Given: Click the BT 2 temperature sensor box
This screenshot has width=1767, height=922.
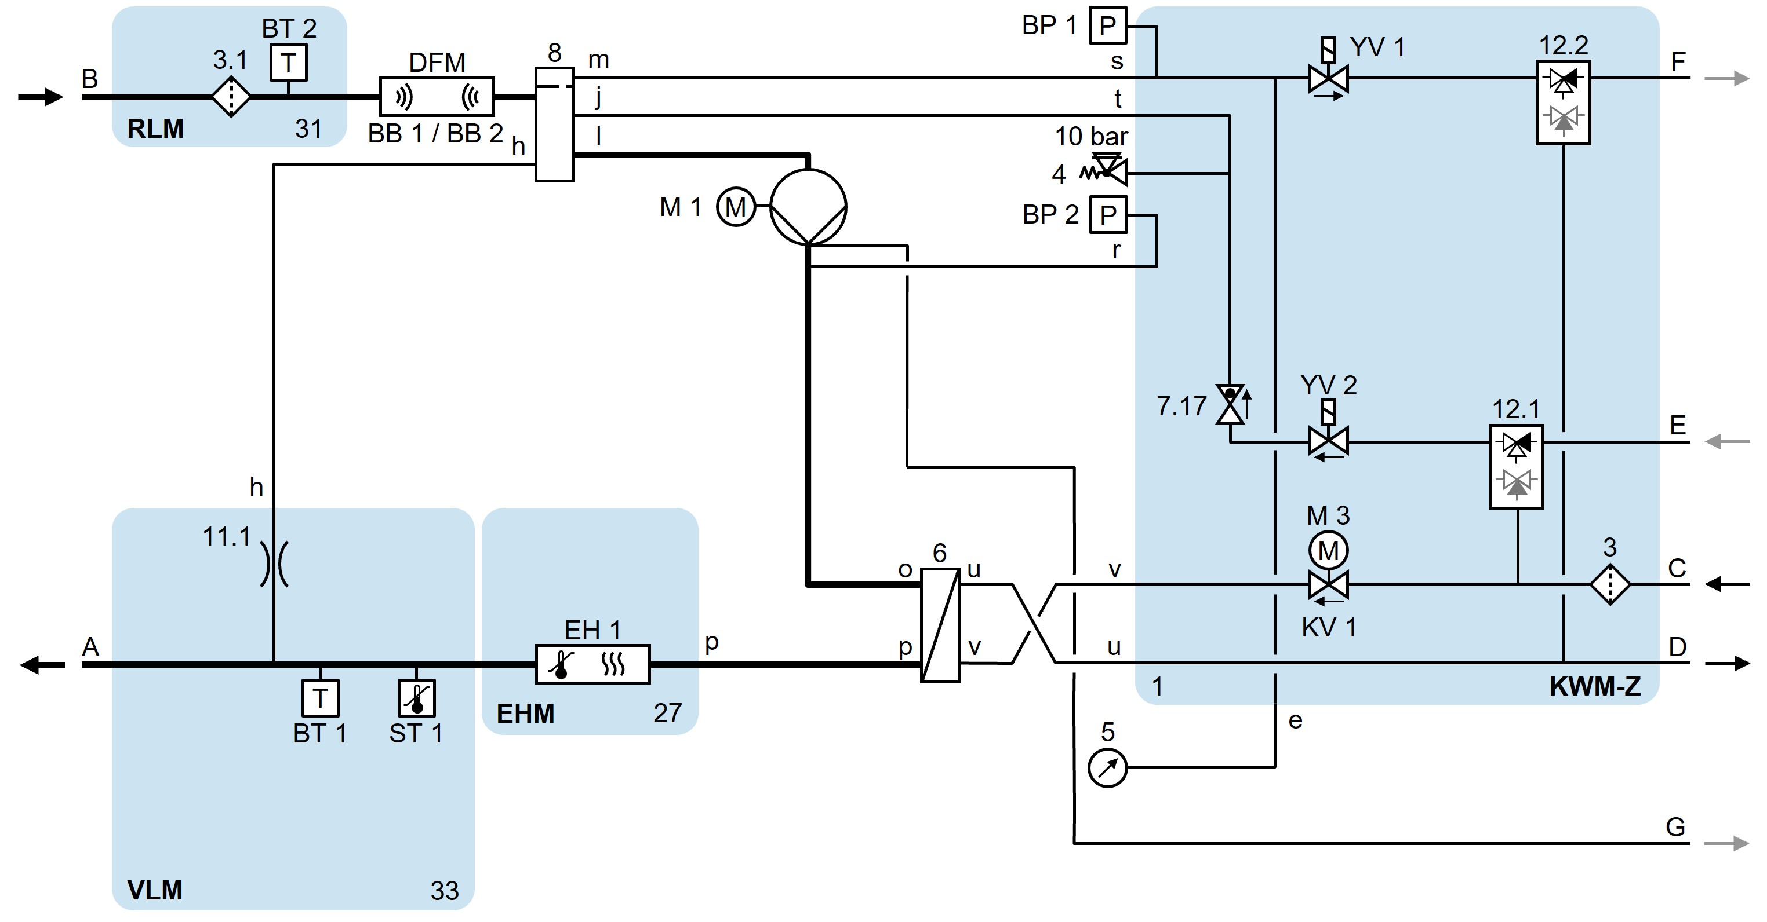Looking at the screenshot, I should tap(288, 63).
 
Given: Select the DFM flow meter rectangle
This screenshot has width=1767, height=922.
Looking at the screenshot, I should tap(437, 97).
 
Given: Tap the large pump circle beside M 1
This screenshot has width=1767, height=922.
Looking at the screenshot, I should tap(808, 206).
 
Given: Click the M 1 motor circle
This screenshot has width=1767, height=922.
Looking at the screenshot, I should tap(735, 207).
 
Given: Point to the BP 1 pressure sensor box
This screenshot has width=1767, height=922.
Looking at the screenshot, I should tap(1108, 26).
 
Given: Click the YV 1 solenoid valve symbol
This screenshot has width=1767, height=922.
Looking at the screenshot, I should tap(1328, 79).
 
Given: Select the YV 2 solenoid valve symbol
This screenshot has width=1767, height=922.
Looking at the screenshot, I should tap(1328, 441).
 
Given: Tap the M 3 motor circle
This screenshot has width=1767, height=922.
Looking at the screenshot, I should tap(1328, 550).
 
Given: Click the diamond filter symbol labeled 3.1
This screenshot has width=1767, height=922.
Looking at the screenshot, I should tap(231, 97).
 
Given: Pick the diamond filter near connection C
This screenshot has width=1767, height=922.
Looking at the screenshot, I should tap(1610, 584).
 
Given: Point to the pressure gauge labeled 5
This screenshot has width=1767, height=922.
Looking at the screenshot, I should tap(1107, 768).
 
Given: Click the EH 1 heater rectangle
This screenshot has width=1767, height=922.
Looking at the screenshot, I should tap(592, 664).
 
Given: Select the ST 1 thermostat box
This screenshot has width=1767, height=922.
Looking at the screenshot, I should tap(416, 698).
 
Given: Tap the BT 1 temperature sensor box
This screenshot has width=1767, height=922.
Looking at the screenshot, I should tap(321, 698).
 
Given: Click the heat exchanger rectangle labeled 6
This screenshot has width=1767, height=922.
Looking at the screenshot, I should tap(939, 624).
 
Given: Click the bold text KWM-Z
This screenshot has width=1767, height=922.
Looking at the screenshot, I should tap(1595, 687).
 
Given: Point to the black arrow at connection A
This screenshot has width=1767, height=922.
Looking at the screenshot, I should tap(41, 664).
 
